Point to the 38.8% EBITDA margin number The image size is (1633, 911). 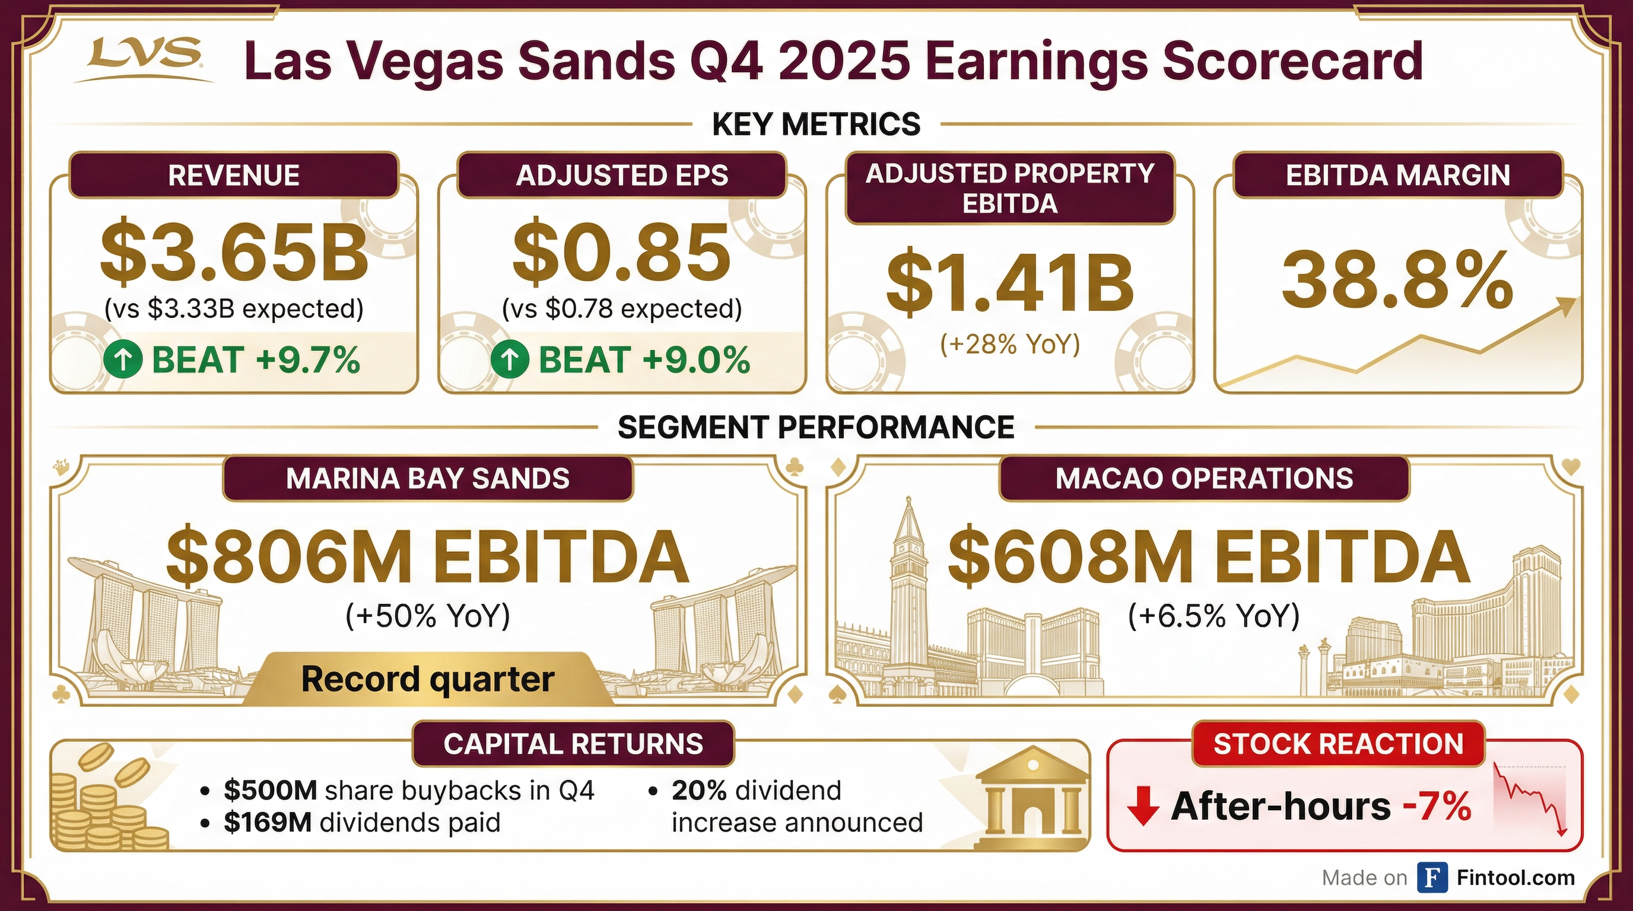click(1397, 279)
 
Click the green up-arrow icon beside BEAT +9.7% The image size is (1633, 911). click(123, 360)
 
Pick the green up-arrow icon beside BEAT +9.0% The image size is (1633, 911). click(510, 360)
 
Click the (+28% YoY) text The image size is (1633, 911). click(1010, 344)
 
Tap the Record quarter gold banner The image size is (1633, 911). click(428, 679)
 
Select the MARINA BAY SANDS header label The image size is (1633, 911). click(428, 478)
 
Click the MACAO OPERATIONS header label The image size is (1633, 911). click(1205, 478)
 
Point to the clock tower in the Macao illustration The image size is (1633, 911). click(907, 589)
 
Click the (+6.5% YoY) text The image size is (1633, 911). click(1214, 616)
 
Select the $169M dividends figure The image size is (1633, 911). click(268, 822)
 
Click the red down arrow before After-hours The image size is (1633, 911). click(1143, 806)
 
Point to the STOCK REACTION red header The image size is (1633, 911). click(1338, 744)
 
